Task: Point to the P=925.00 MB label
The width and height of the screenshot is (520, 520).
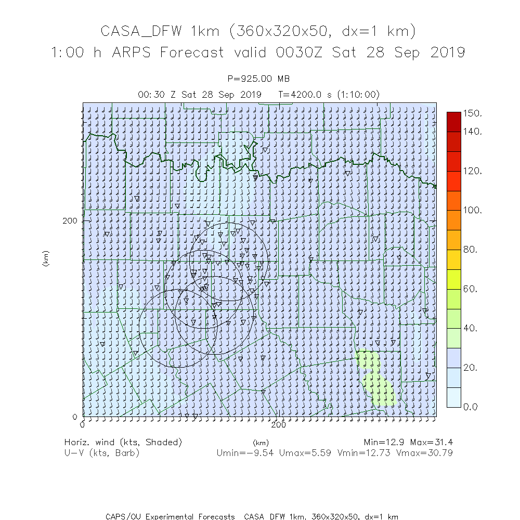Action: (x=259, y=79)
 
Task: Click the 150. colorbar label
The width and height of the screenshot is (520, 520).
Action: (x=473, y=113)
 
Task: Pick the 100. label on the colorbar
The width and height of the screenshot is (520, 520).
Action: (x=473, y=210)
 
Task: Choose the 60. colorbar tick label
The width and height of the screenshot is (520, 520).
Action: (x=471, y=289)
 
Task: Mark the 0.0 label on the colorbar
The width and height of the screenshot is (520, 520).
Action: (x=471, y=407)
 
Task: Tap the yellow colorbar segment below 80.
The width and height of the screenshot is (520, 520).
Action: (x=453, y=259)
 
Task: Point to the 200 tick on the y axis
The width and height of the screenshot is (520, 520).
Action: (x=70, y=220)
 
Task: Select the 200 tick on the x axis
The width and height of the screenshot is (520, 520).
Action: (x=279, y=424)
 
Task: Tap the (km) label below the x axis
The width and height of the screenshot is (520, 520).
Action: (x=261, y=443)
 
